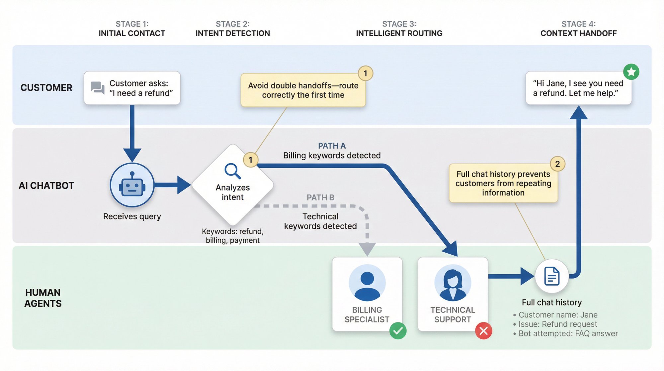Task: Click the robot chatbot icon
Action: click(x=132, y=185)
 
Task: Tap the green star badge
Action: click(x=631, y=72)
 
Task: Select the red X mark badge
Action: click(x=483, y=331)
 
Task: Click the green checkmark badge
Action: click(x=398, y=331)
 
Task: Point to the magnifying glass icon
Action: click(x=232, y=171)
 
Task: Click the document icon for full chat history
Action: click(x=552, y=276)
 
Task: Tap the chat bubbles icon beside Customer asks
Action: click(x=98, y=88)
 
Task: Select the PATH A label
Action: click(x=332, y=146)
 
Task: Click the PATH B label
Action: click(x=320, y=197)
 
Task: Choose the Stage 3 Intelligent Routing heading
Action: click(x=399, y=29)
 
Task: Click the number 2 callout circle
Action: click(x=557, y=164)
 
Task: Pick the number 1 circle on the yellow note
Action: click(x=365, y=73)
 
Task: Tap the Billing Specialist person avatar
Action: click(x=367, y=283)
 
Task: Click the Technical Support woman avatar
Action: click(x=453, y=283)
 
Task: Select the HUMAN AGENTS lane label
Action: click(x=43, y=298)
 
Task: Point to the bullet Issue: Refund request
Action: click(x=557, y=324)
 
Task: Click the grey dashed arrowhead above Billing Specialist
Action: click(x=367, y=249)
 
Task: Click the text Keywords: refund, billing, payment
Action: click(x=233, y=236)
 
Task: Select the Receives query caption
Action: click(x=132, y=216)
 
